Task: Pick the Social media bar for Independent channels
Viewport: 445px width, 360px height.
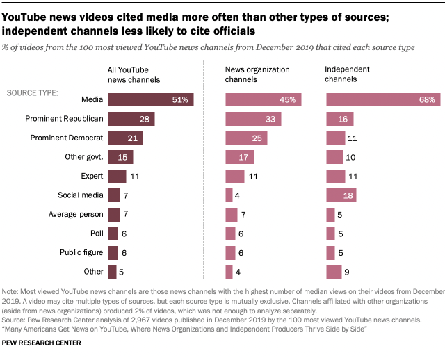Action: (341, 195)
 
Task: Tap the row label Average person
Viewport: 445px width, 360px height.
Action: (77, 215)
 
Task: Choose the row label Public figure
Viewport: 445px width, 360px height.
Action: (80, 253)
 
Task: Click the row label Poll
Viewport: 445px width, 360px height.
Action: (97, 234)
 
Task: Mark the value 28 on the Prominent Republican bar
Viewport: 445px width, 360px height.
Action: (145, 119)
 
